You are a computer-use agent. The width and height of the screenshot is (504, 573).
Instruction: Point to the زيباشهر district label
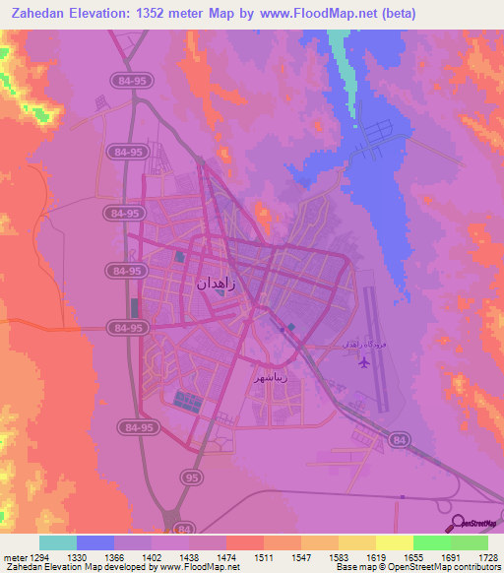coord(271,377)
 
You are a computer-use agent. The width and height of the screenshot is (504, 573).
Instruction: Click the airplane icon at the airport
coord(365,362)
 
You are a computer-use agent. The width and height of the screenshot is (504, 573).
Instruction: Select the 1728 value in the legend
coord(469,556)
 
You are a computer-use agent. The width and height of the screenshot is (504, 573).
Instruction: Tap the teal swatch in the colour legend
coord(58,542)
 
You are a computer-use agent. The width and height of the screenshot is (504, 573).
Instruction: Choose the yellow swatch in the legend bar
coord(394,542)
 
